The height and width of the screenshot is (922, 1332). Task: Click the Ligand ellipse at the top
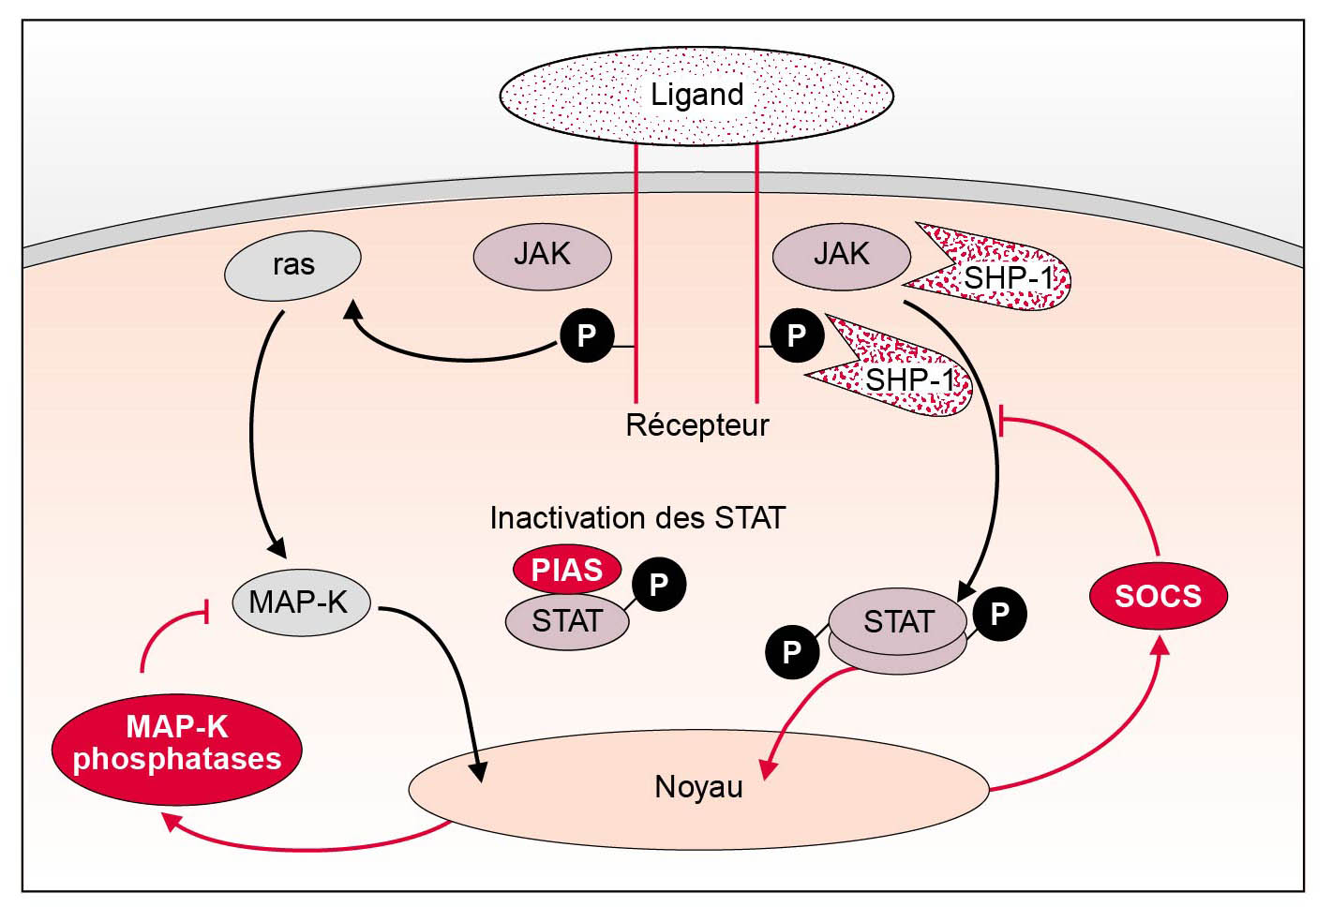(x=696, y=95)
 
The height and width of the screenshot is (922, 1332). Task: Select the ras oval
(x=292, y=265)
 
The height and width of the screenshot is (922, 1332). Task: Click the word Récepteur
(x=696, y=425)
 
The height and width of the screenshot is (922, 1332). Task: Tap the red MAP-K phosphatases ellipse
(x=176, y=746)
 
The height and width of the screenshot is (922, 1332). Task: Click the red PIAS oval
(x=566, y=569)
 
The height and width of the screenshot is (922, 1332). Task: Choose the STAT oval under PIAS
(x=566, y=621)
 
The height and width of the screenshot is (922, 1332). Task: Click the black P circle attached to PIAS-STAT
(x=658, y=585)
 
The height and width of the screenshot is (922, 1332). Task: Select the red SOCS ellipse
(x=1158, y=596)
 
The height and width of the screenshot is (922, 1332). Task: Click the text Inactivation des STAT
(x=637, y=518)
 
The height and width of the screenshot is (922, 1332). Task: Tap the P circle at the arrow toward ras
(x=587, y=335)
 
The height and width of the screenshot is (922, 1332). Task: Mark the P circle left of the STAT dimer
(x=792, y=651)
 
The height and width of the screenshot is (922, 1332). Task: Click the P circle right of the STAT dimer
(x=999, y=614)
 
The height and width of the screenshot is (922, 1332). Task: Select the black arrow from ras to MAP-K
(x=254, y=431)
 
